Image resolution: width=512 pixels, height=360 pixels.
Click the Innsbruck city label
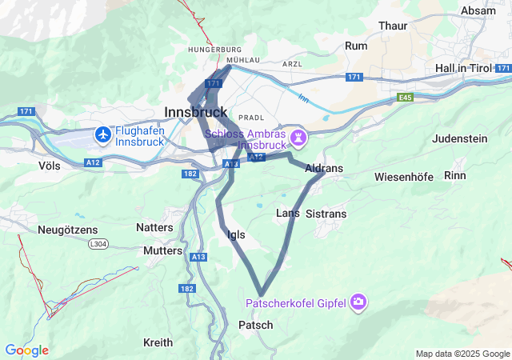point(195,112)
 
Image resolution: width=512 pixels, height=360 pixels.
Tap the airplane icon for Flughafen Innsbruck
point(102,134)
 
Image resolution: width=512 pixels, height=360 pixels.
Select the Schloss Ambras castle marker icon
point(298,138)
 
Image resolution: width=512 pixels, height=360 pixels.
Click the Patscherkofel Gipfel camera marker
point(358,302)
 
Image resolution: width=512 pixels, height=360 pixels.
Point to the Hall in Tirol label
point(472,69)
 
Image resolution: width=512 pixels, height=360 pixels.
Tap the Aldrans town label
point(324,169)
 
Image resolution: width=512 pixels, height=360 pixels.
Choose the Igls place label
point(237,234)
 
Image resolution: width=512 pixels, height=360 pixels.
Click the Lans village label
point(287,213)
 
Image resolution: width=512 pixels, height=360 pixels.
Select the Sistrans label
point(326,214)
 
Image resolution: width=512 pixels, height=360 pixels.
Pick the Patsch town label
point(255,325)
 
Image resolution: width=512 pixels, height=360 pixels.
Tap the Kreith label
point(158,342)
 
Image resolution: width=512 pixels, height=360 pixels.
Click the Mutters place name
point(163,250)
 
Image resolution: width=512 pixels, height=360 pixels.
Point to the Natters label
point(154,227)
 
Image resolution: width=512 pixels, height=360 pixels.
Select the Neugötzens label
point(67,230)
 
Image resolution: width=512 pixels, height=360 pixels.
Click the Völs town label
point(49,165)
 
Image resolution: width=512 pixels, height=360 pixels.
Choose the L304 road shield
point(98,243)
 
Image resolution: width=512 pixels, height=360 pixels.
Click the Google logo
point(26,350)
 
